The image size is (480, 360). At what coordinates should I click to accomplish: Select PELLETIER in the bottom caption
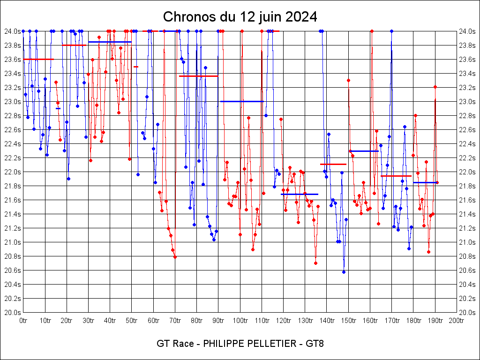click(265, 344)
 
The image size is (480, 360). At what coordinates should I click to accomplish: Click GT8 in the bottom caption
click(315, 344)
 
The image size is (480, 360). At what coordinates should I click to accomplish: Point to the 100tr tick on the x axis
click(240, 321)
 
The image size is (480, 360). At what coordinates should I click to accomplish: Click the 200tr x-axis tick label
click(457, 321)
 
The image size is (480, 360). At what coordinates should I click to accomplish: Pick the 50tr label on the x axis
click(132, 321)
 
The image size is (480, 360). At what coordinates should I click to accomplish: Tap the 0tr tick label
click(23, 321)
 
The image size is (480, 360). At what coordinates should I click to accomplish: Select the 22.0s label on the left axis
click(13, 172)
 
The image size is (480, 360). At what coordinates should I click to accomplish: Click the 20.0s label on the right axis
click(467, 312)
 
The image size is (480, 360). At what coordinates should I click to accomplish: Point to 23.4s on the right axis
click(467, 73)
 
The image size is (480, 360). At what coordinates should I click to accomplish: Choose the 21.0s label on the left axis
click(13, 242)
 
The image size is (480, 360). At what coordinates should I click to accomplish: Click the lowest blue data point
click(344, 272)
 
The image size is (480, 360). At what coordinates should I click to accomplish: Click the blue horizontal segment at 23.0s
click(242, 101)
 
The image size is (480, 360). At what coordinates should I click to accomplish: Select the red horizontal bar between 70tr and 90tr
click(198, 76)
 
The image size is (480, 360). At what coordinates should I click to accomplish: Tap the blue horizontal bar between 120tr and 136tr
click(299, 194)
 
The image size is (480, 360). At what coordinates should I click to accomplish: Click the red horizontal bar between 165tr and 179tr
click(396, 176)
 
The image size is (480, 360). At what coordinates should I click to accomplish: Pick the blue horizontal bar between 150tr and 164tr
click(364, 151)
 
